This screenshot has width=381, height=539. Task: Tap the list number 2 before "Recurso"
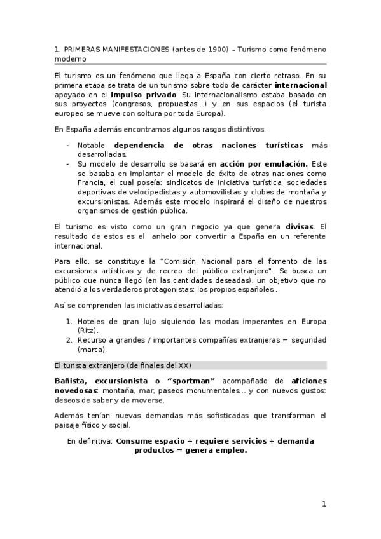[69, 340]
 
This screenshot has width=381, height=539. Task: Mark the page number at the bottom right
[323, 504]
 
